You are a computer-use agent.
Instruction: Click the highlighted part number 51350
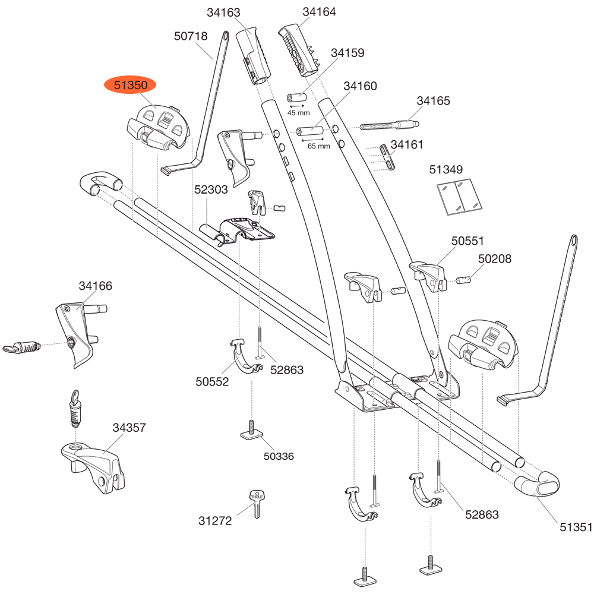(x=130, y=86)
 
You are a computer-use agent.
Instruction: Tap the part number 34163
(x=224, y=12)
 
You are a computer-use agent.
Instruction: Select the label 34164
(x=319, y=12)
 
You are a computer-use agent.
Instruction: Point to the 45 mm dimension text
(x=299, y=113)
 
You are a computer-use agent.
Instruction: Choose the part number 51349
(x=445, y=170)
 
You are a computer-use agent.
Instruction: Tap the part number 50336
(x=279, y=456)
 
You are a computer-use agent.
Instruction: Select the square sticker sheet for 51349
(x=457, y=195)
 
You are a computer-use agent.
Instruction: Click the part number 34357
(x=129, y=428)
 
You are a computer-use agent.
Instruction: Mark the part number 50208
(x=495, y=259)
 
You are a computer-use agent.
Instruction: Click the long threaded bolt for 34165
(x=390, y=126)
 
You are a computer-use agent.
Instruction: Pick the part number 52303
(x=211, y=190)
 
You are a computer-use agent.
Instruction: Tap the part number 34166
(x=96, y=286)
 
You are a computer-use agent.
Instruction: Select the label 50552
(x=212, y=383)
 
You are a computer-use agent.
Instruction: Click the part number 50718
(x=191, y=36)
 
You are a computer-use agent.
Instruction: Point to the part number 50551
(x=468, y=241)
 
